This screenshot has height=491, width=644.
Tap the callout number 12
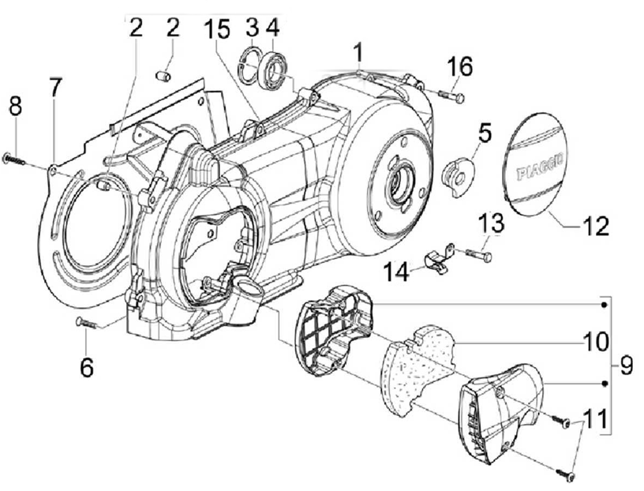[596, 227]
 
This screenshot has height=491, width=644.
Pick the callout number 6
[86, 366]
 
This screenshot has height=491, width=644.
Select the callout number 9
[626, 365]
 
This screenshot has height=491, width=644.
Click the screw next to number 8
[14, 159]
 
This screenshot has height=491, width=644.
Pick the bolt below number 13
[476, 256]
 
